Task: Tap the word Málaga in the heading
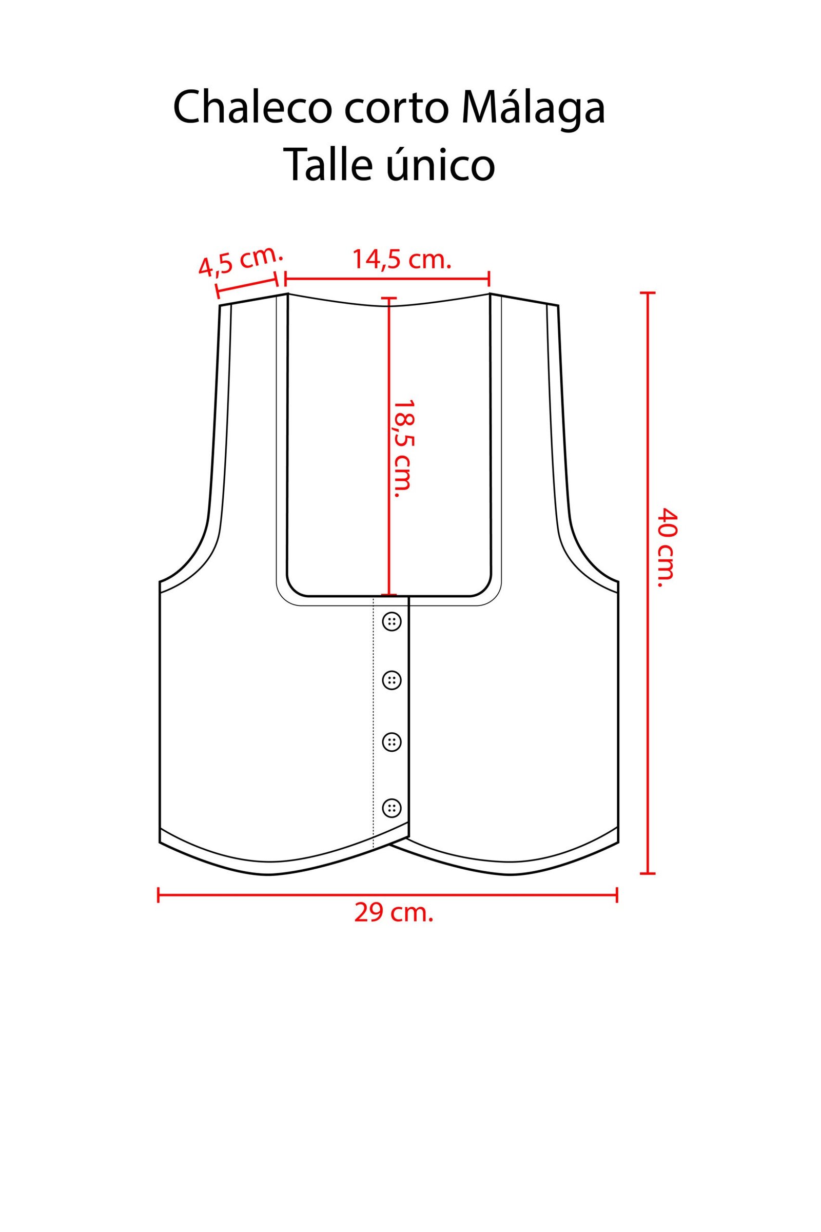click(533, 106)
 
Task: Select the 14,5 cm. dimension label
click(402, 260)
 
